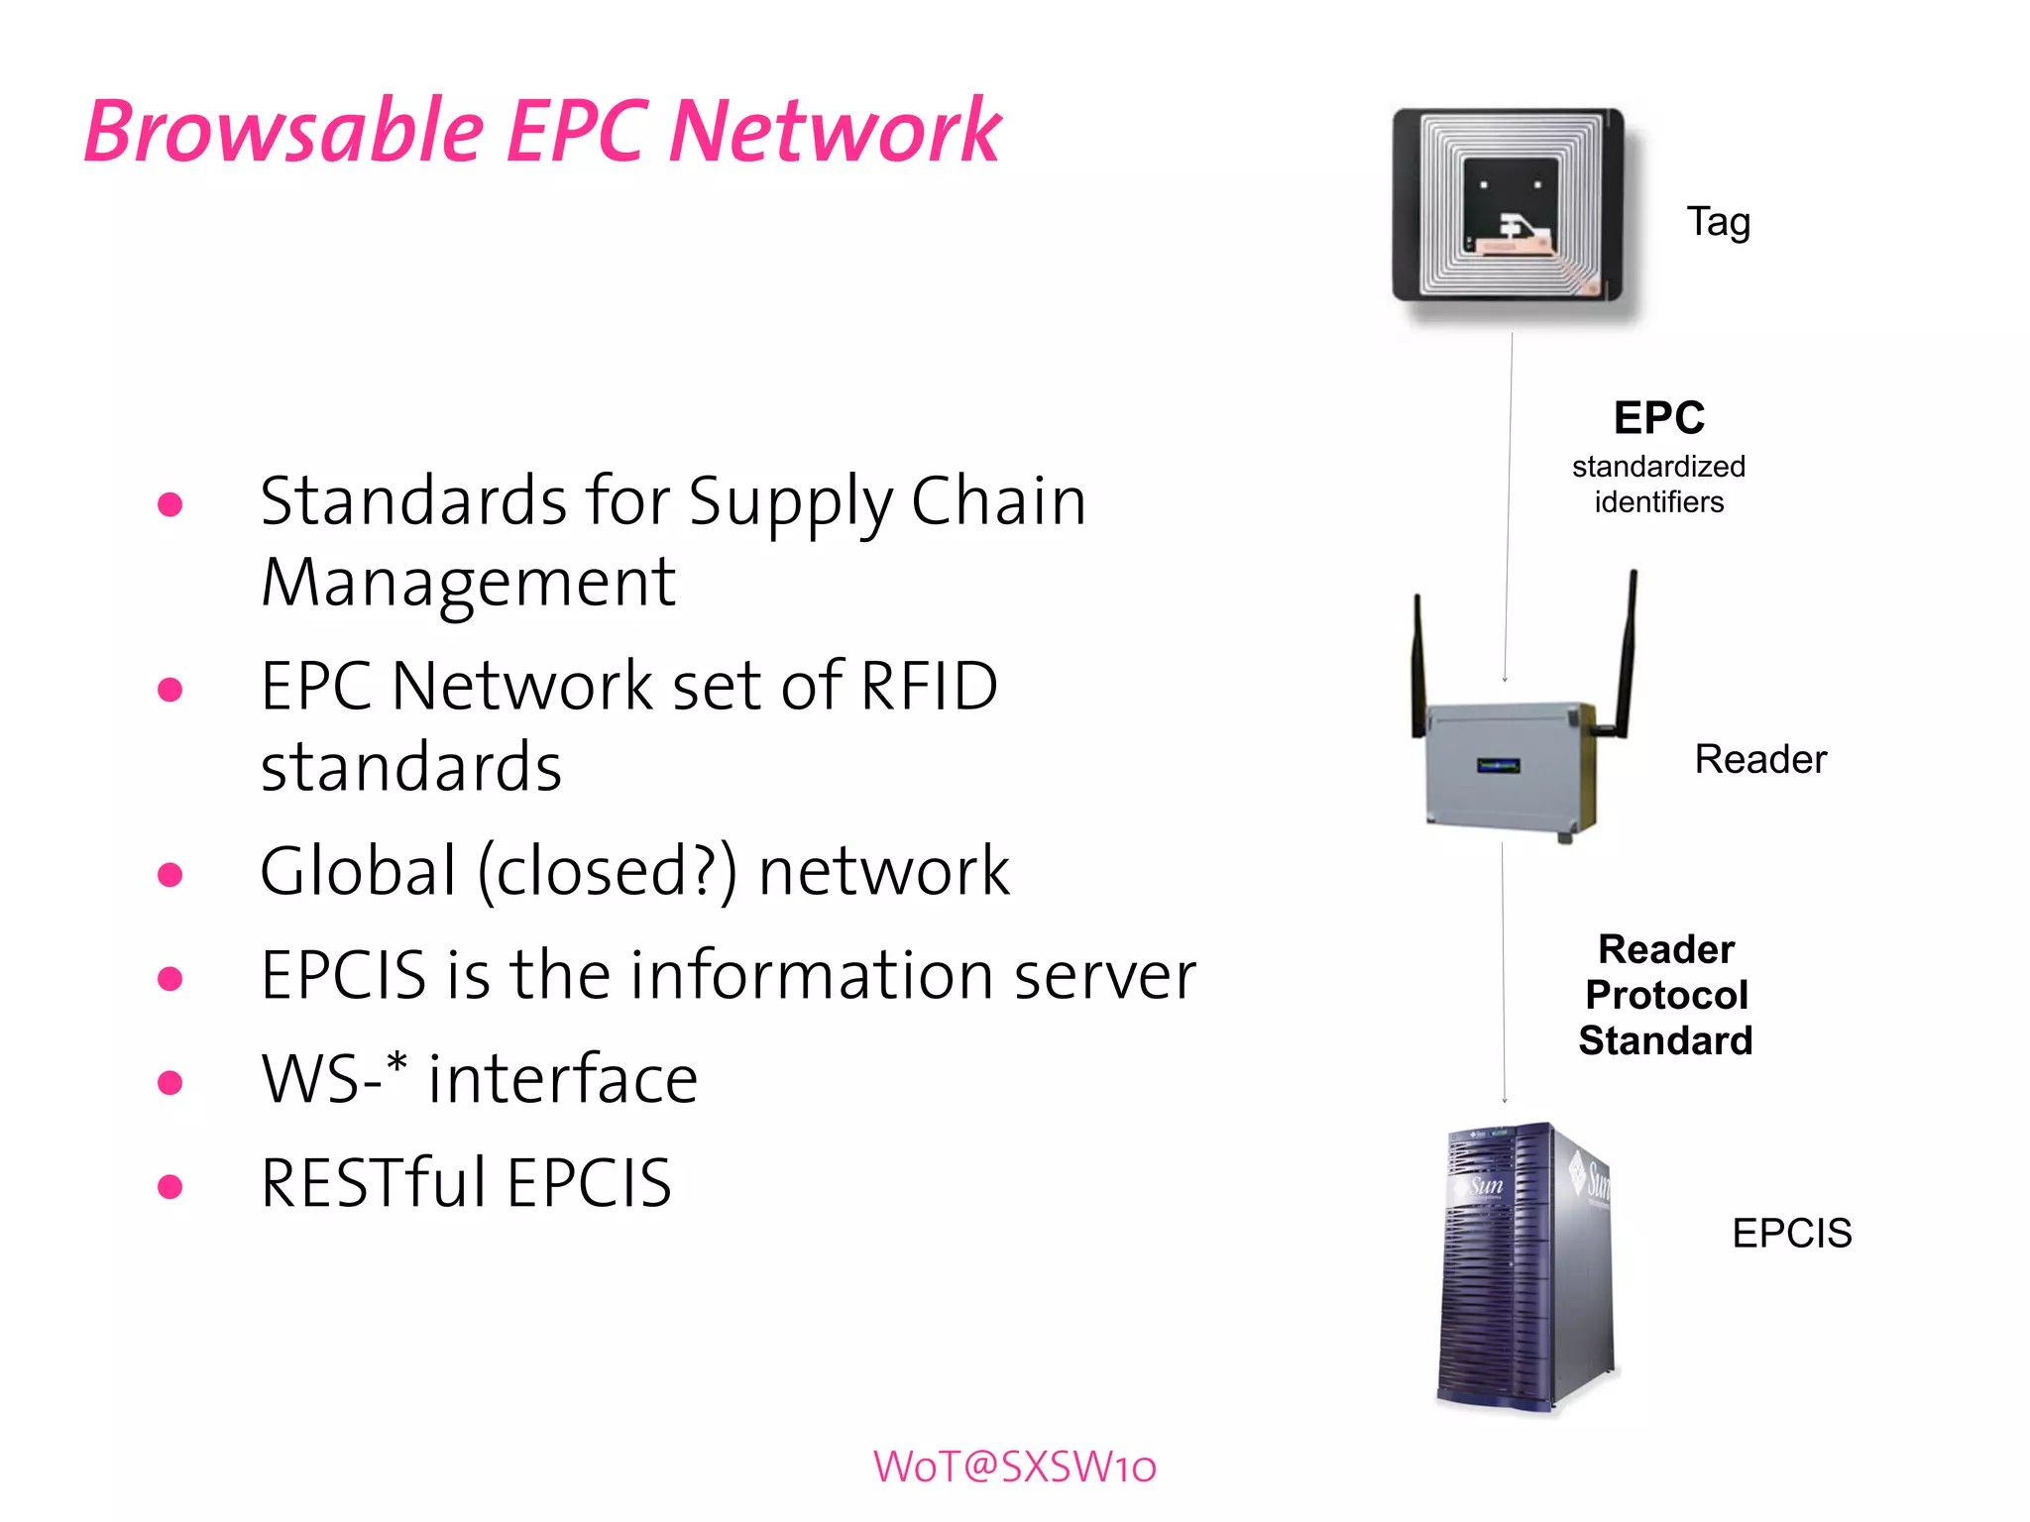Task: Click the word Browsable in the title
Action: pyautogui.click(x=284, y=132)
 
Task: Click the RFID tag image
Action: pyautogui.click(x=1508, y=205)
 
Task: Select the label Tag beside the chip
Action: pyautogui.click(x=1718, y=222)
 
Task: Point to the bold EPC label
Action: pyautogui.click(x=1658, y=418)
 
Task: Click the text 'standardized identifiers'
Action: pyautogui.click(x=1658, y=484)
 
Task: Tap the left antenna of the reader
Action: pyautogui.click(x=1418, y=664)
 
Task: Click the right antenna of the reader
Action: pyautogui.click(x=1627, y=654)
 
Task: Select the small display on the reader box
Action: pyautogui.click(x=1498, y=765)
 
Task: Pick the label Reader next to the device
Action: pyautogui.click(x=1760, y=759)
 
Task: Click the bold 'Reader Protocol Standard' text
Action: pyautogui.click(x=1666, y=995)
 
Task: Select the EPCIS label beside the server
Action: pyautogui.click(x=1791, y=1233)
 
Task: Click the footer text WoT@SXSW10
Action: pyautogui.click(x=1014, y=1467)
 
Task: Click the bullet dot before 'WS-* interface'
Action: pyautogui.click(x=170, y=1082)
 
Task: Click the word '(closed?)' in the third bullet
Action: pyautogui.click(x=608, y=872)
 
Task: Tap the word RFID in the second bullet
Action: pyautogui.click(x=929, y=686)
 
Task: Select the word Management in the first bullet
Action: pyautogui.click(x=468, y=583)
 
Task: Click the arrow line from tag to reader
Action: pyautogui.click(x=1509, y=505)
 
